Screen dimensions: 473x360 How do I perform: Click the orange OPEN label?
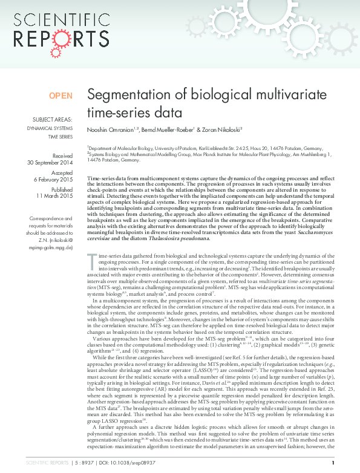[61, 96]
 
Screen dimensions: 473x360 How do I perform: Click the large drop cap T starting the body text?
[92, 278]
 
